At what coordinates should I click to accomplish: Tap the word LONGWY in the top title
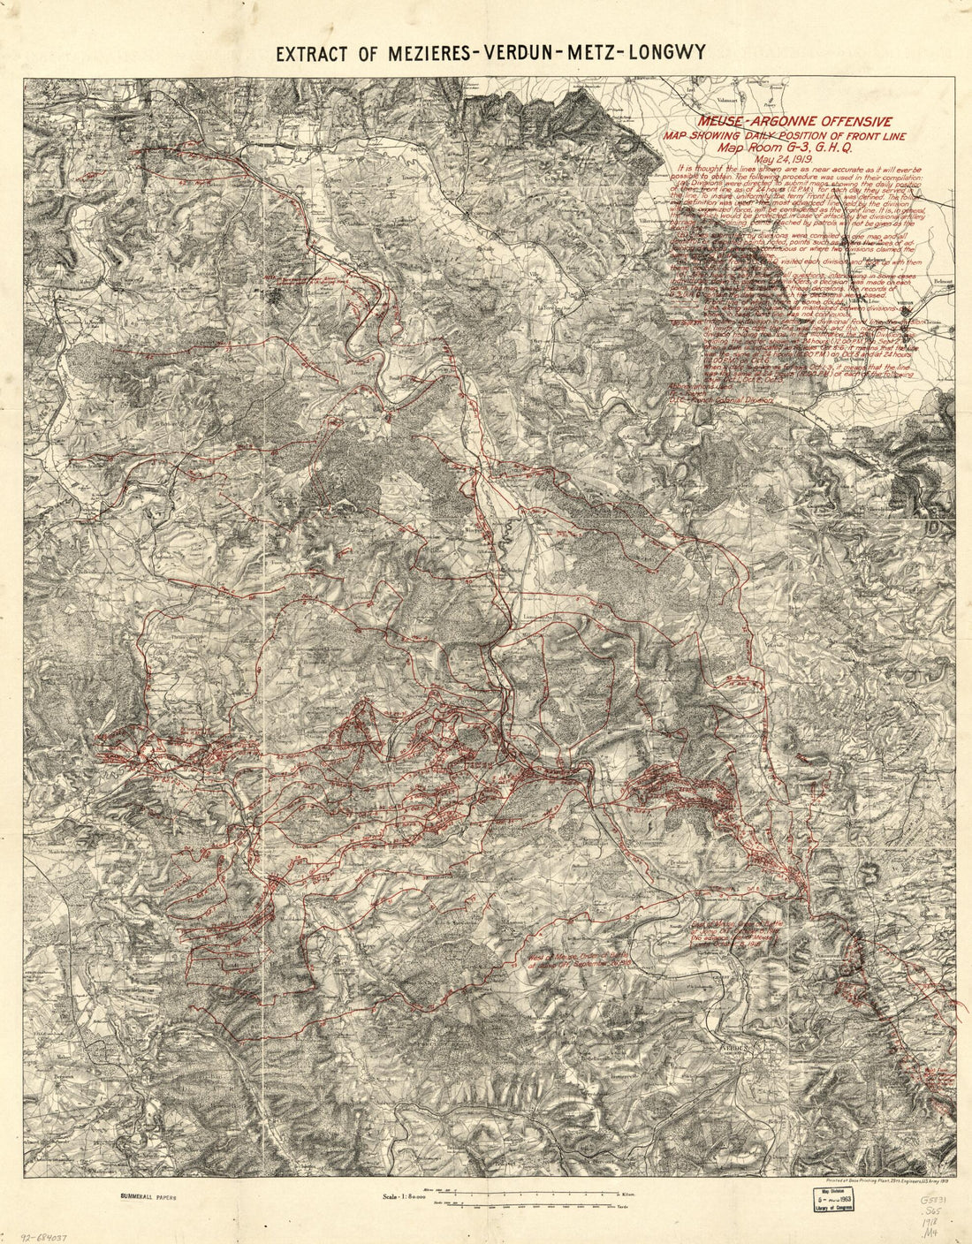pyautogui.click(x=667, y=53)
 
